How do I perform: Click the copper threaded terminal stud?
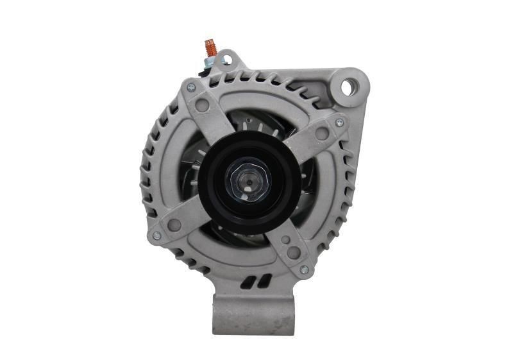coord(210,47)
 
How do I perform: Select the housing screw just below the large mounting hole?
coord(339,122)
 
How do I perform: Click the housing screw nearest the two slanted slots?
coord(303,269)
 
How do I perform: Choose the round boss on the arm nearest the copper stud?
coord(204,102)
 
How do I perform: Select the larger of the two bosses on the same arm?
coord(293,252)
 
